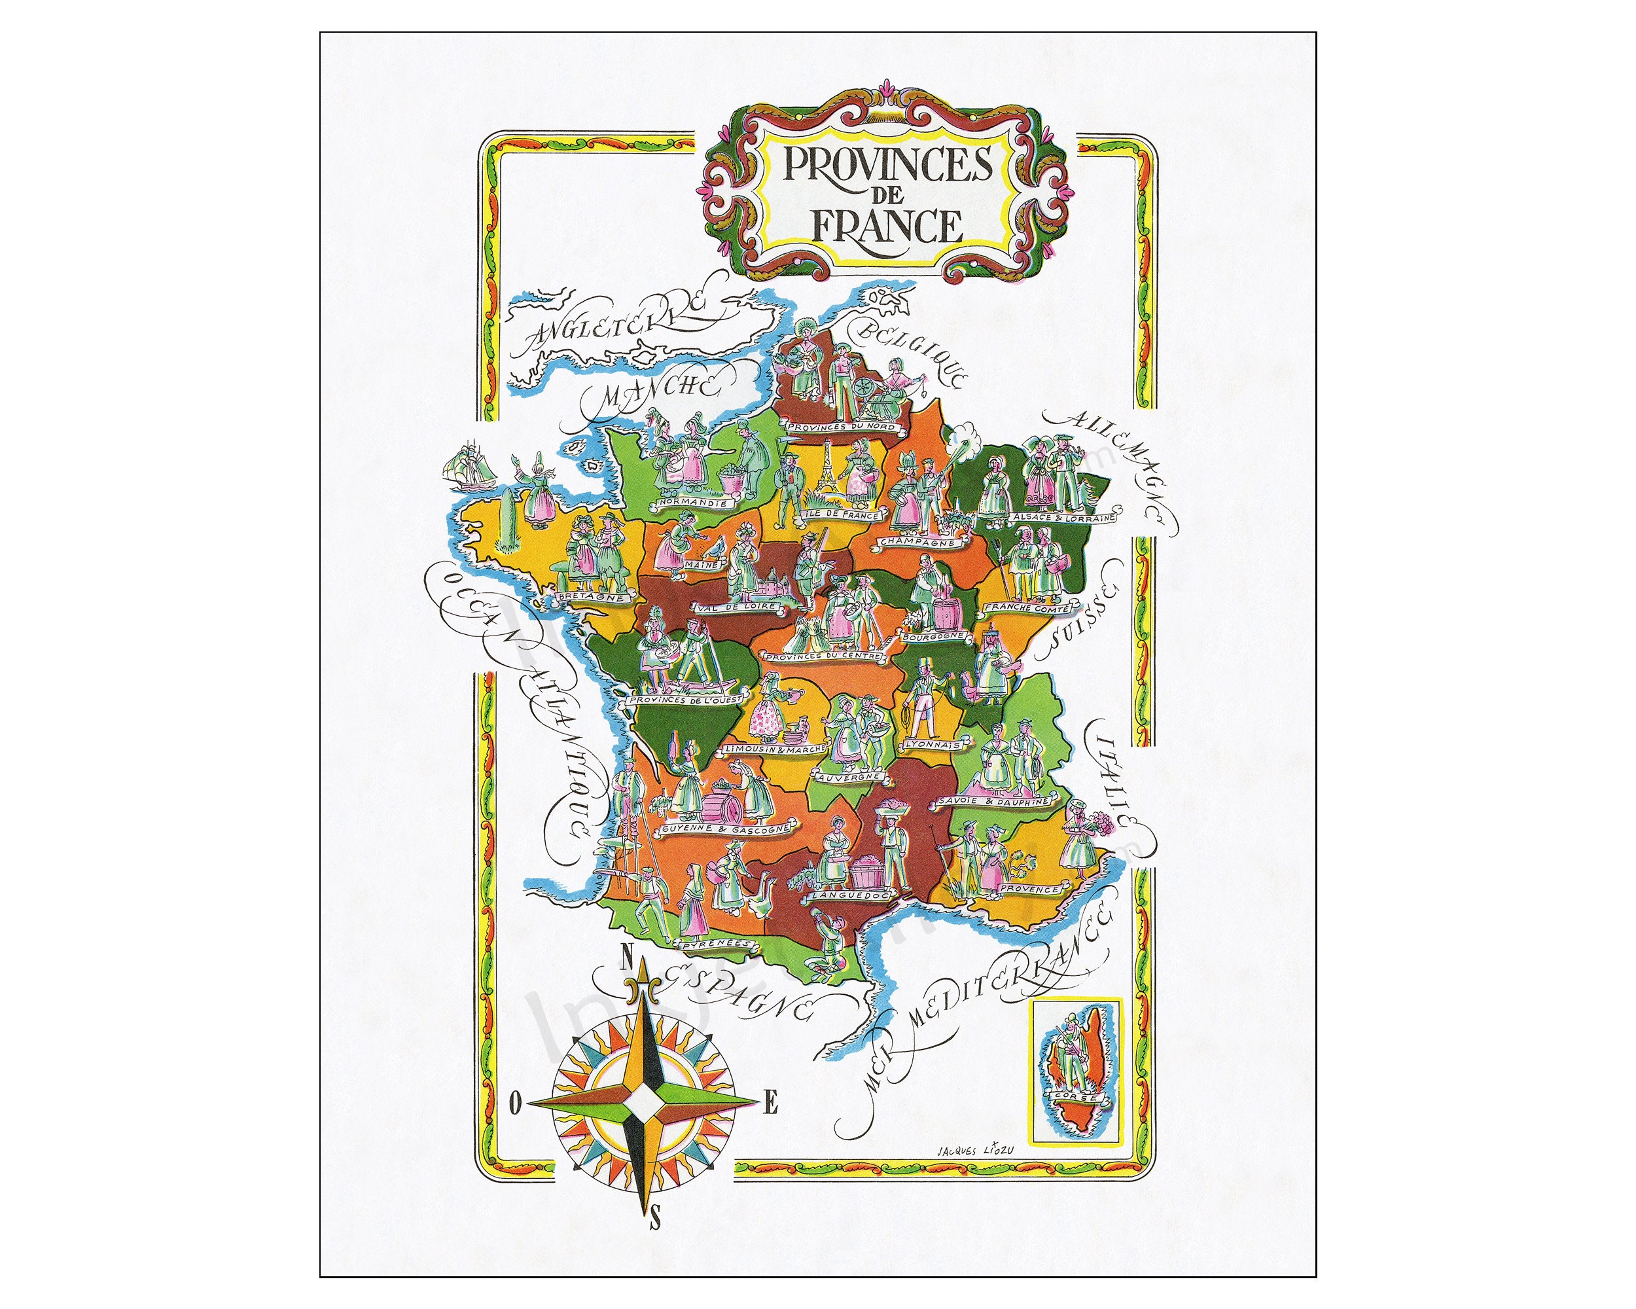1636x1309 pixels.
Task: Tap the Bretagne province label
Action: pyautogui.click(x=594, y=597)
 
